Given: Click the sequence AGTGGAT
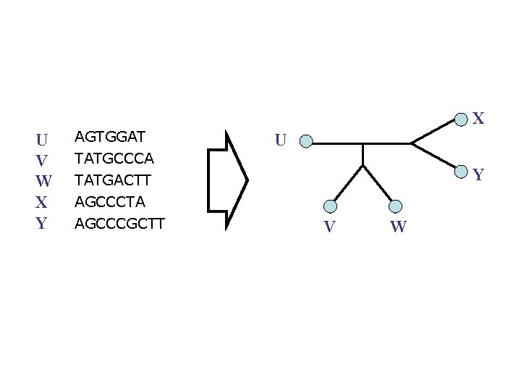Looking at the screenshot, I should point(110,136).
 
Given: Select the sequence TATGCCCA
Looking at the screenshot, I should point(114,157).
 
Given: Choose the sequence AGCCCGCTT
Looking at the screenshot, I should point(120,223).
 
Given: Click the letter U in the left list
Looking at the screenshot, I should point(42,138).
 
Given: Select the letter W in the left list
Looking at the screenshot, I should point(43,181).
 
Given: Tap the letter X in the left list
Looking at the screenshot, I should point(42,202).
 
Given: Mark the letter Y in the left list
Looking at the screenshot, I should point(42,224).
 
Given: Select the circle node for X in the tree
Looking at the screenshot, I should point(460,118).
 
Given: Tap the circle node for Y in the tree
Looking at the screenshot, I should point(460,172).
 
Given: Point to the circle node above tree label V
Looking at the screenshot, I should point(331,206).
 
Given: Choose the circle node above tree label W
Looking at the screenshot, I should point(395,206).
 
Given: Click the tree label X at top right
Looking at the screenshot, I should point(478,118).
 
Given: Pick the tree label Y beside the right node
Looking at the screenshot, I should point(478,175).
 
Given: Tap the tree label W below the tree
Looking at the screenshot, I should point(398,228).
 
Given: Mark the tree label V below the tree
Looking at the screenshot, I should point(329,228).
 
